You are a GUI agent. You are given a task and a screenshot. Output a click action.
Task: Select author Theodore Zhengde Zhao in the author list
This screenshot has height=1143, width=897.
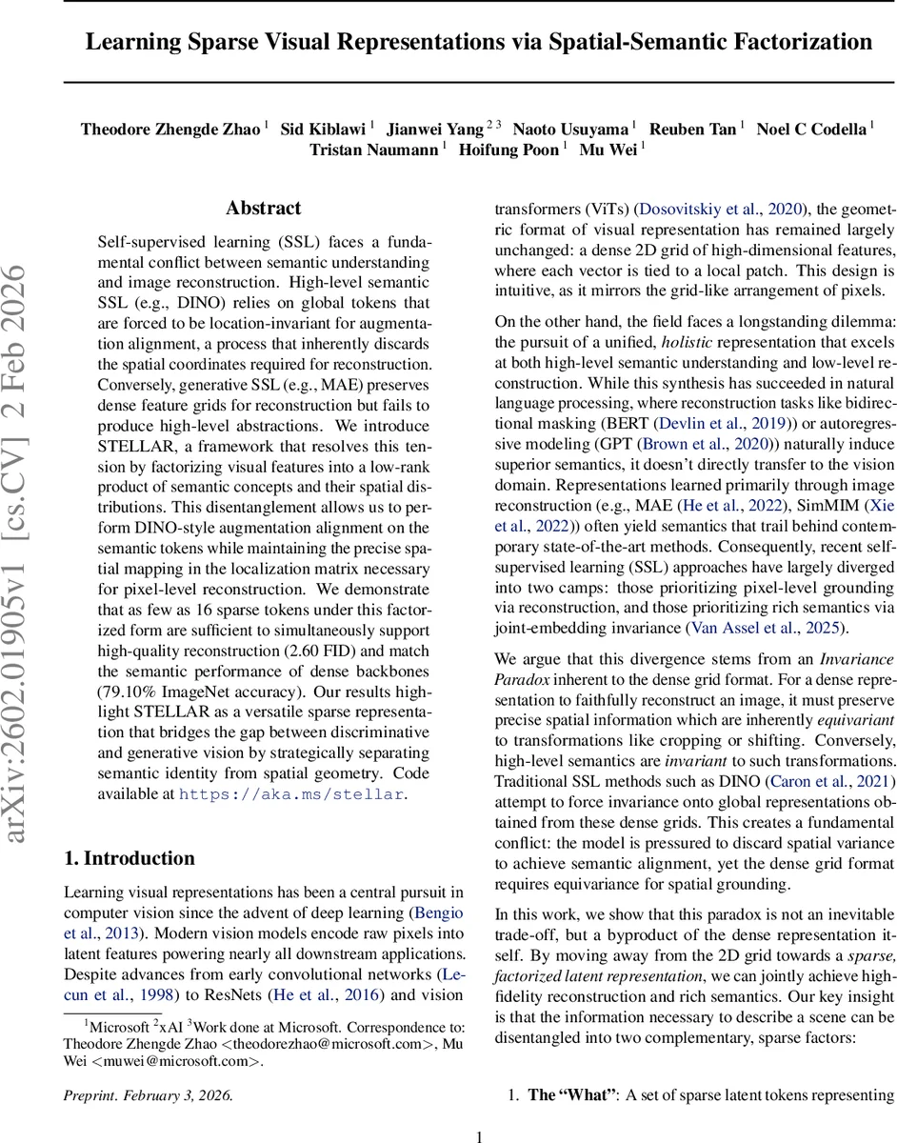(x=170, y=129)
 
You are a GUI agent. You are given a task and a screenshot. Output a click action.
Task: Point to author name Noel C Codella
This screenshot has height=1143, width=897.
(x=810, y=129)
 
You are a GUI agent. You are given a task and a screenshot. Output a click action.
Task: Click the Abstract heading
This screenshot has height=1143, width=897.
(x=263, y=208)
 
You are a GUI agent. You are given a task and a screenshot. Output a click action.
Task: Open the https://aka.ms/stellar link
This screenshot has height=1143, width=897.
(x=291, y=793)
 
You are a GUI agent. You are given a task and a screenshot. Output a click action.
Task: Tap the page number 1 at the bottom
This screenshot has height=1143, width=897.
(x=480, y=1135)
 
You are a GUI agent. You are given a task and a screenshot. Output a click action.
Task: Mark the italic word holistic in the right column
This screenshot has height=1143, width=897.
(x=690, y=341)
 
